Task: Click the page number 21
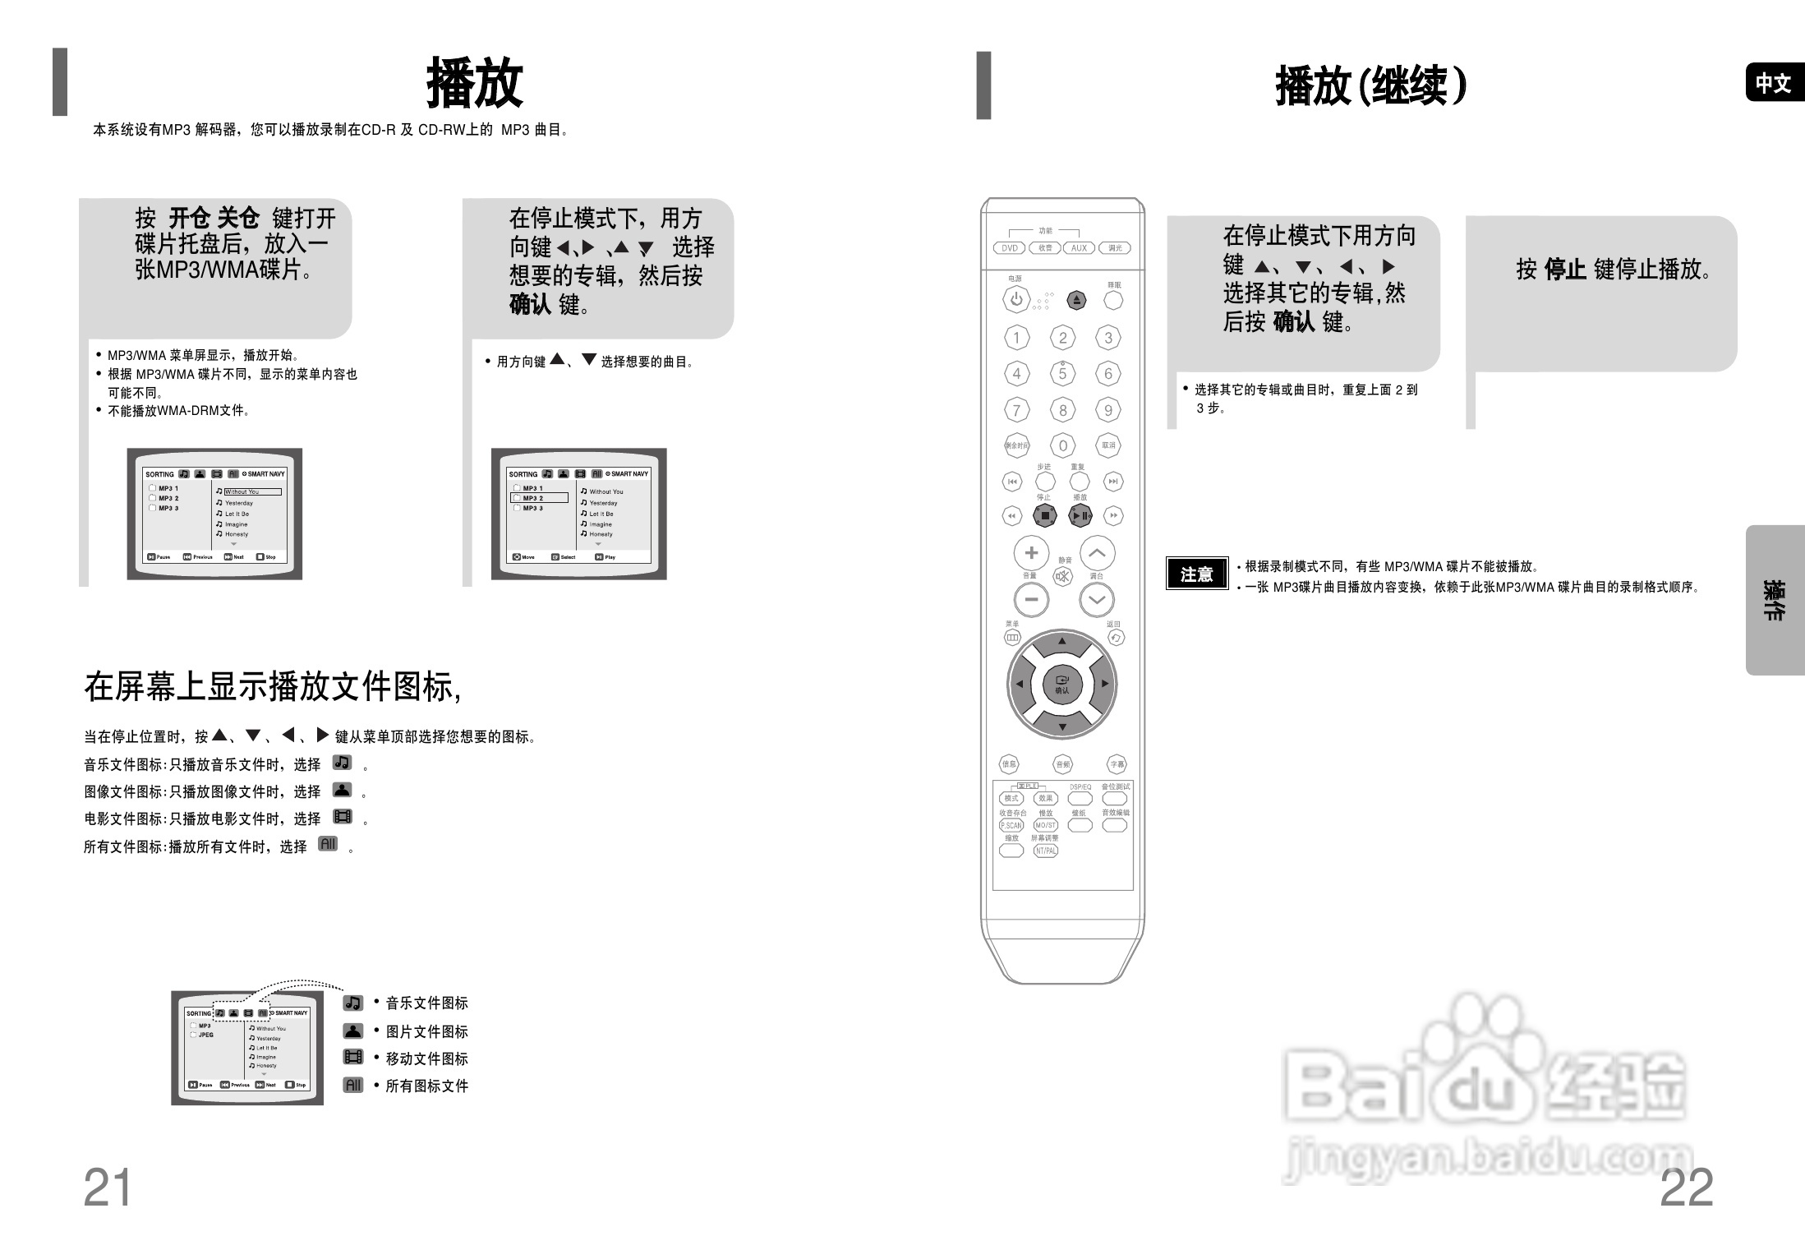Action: coord(108,1188)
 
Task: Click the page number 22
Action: coord(1686,1188)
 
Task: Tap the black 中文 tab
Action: coord(1773,83)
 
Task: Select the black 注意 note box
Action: coord(1196,574)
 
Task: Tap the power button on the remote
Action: coord(1016,299)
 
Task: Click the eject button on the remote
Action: coord(1076,300)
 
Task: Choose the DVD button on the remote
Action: coord(1010,248)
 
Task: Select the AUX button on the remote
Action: coord(1079,248)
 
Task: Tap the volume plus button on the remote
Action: coord(1032,553)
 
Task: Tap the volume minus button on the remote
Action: coord(1032,599)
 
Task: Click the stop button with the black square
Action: coord(1045,516)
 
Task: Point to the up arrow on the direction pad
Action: coord(1062,641)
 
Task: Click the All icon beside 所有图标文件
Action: coord(353,1085)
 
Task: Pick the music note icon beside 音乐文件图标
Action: coord(353,1003)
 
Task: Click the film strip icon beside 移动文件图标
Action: coord(353,1057)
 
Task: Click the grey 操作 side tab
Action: coord(1774,600)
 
